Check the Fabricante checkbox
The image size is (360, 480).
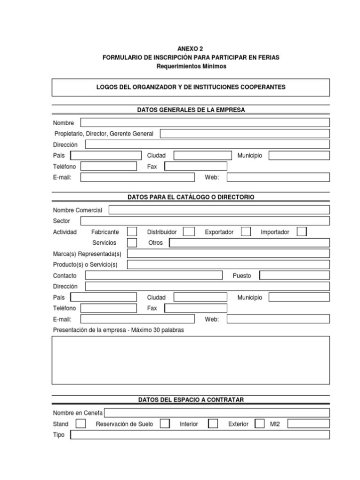(132, 232)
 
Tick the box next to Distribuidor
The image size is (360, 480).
(189, 232)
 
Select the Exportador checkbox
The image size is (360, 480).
(246, 232)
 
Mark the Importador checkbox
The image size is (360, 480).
(302, 232)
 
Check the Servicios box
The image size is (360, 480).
(132, 243)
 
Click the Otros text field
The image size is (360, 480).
(249, 243)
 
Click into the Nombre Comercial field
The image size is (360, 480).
(219, 210)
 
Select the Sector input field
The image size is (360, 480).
(205, 221)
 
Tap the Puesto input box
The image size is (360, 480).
(295, 275)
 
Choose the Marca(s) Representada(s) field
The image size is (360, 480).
(228, 254)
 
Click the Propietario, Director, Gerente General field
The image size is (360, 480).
(245, 134)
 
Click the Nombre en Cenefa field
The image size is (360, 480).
(216, 413)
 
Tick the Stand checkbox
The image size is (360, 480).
(81, 424)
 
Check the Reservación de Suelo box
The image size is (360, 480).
(165, 424)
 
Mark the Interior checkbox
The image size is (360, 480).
(213, 424)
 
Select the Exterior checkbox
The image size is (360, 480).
(259, 424)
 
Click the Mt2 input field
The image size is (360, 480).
(308, 424)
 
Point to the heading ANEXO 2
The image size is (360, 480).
(191, 48)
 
